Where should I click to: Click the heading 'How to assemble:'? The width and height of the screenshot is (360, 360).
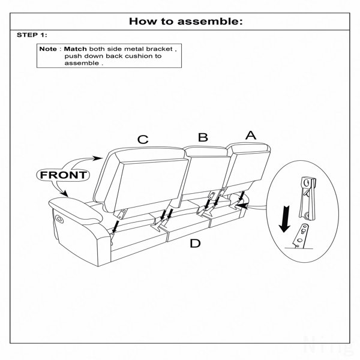tap(186, 22)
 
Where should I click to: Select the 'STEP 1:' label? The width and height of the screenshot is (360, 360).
tap(32, 35)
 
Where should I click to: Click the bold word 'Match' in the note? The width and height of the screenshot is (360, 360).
tap(76, 49)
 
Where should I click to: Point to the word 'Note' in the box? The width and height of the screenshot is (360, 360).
tap(48, 49)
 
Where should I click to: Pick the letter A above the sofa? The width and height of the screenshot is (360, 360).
tap(251, 135)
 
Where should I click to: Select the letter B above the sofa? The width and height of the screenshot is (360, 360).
tap(203, 137)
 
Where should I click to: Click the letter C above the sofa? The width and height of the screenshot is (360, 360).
tap(143, 139)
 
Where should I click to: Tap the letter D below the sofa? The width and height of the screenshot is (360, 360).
tap(195, 243)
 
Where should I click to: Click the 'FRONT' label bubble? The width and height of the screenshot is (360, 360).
tap(63, 175)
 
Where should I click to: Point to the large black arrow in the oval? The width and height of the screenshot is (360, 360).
tap(284, 219)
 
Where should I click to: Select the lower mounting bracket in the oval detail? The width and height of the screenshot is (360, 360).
tap(301, 236)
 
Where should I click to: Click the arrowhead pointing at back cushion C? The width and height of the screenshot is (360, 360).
tap(98, 158)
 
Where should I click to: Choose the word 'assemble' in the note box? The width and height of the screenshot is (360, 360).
tap(82, 63)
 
